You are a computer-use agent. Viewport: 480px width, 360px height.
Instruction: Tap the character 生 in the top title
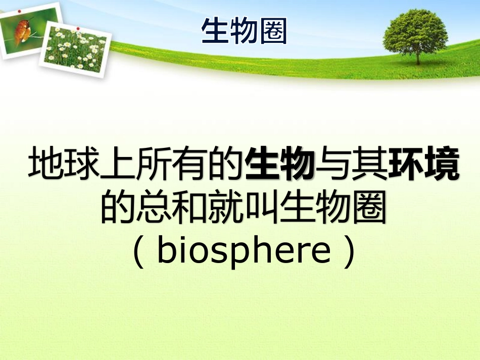215,31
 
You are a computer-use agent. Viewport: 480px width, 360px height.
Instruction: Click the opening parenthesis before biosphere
137,251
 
